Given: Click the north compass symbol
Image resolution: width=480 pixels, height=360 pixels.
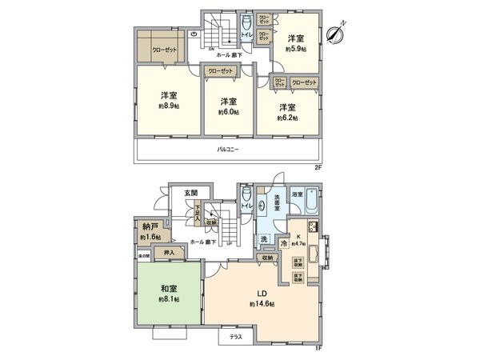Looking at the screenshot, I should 337,35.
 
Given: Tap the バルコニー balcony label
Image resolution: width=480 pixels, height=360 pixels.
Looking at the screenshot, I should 229,150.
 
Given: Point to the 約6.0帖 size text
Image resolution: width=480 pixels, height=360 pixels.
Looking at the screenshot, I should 228,113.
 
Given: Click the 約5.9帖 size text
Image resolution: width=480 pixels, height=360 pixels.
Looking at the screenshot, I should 296,49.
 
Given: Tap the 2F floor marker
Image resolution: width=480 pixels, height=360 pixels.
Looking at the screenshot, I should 317,167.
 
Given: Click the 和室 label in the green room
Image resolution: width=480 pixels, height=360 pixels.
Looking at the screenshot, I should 167,286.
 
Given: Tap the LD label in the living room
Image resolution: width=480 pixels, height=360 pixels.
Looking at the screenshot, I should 261,293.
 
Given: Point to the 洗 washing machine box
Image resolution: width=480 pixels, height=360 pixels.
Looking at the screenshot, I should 263,238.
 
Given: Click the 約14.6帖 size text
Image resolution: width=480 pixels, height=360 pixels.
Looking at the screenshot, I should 262,305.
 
